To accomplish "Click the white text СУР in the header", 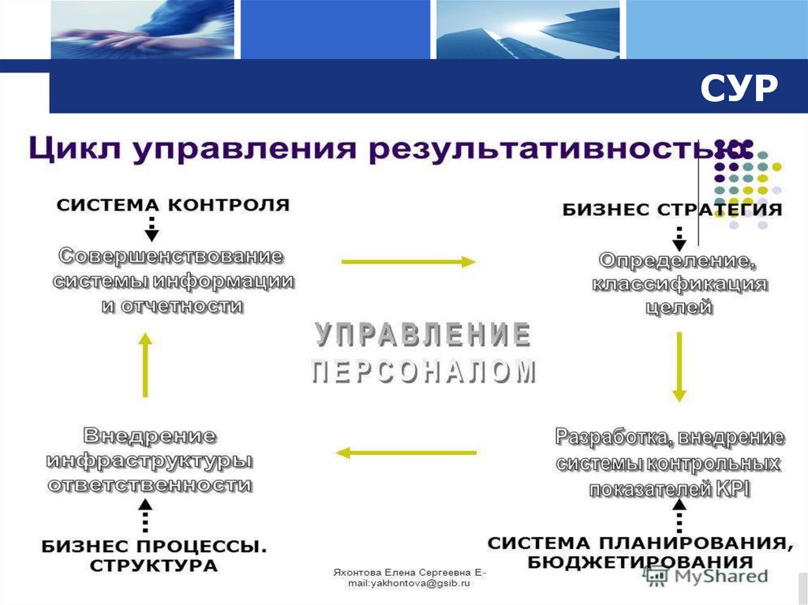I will click(x=738, y=89).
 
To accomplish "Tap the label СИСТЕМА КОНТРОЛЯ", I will click(x=173, y=205).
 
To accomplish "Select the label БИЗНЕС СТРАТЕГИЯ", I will click(x=672, y=210).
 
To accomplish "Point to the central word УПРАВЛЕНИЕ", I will click(x=423, y=334).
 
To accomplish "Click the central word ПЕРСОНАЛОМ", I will click(x=423, y=372).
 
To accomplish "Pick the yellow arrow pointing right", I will click(x=409, y=262).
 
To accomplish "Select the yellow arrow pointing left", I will click(x=406, y=453).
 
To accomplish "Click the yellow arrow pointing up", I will click(x=144, y=364).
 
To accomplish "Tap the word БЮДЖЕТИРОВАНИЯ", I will click(x=640, y=562).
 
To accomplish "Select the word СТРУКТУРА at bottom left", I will click(x=153, y=565).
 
